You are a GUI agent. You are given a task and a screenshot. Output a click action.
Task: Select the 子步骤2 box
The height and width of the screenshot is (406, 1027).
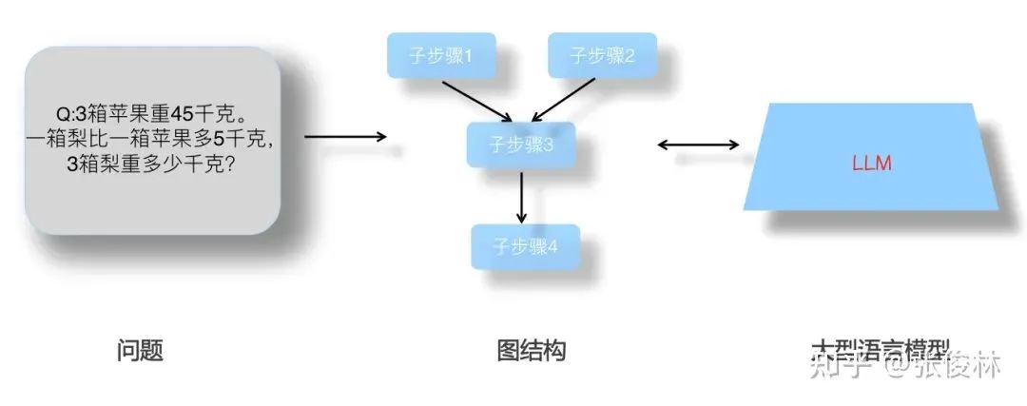[x=601, y=56]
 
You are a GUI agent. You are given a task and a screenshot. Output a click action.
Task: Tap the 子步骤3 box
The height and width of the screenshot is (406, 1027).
[x=521, y=145]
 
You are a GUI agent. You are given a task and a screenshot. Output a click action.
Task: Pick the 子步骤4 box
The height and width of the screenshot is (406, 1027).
[x=525, y=246]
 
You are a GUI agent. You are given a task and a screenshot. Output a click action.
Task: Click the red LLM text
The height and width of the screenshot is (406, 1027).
[x=871, y=164]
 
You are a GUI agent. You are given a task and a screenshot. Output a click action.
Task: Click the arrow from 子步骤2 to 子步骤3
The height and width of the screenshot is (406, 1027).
[x=567, y=100]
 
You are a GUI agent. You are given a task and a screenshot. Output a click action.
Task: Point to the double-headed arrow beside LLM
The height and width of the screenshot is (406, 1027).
[x=699, y=145]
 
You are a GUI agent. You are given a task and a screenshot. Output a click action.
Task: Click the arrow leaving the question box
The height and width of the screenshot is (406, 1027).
[x=345, y=137]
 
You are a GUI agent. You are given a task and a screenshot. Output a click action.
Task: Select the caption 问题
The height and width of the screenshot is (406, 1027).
[x=140, y=351]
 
